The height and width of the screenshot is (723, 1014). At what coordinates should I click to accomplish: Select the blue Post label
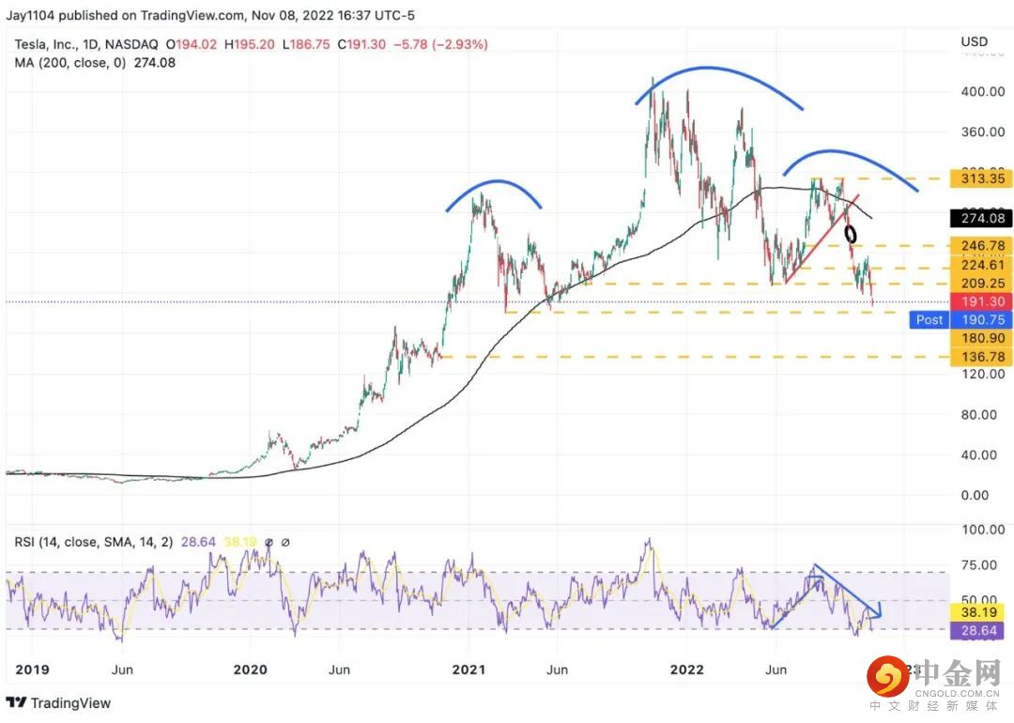point(929,319)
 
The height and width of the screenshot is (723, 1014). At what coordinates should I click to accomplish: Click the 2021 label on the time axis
point(469,669)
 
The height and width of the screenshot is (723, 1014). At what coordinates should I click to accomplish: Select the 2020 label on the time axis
point(251,669)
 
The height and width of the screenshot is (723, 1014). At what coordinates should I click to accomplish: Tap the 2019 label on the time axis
point(33,669)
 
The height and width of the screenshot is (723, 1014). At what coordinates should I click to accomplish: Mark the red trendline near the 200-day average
point(822,238)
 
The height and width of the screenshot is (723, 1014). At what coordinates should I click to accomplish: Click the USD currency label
point(975,41)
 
